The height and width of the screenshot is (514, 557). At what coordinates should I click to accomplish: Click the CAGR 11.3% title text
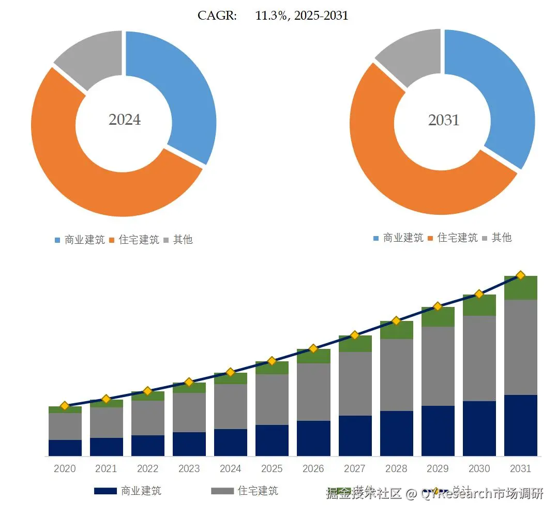point(273,16)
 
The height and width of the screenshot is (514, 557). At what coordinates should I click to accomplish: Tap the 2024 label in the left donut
point(125,120)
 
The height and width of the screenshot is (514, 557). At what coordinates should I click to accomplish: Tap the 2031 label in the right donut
point(443,120)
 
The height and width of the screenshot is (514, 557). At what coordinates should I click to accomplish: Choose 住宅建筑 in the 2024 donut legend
point(139,240)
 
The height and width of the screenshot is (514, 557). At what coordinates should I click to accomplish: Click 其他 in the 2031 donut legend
point(501,238)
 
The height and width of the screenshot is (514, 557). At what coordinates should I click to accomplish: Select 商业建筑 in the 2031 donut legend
point(403,238)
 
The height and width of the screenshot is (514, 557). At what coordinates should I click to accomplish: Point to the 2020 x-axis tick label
point(65,468)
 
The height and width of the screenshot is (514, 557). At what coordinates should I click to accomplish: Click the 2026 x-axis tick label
point(313,468)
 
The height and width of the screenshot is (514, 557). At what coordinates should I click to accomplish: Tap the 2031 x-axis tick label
point(520,468)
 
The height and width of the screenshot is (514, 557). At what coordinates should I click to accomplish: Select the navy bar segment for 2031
point(520,425)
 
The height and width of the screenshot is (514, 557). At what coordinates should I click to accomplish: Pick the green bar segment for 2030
point(479,305)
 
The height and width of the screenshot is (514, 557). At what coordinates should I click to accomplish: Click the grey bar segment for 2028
point(396,375)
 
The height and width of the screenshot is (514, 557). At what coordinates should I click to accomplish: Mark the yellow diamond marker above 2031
point(520,275)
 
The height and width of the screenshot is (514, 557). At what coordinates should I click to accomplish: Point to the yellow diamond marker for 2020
point(65,406)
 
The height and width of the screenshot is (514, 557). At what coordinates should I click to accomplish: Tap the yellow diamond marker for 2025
point(272,361)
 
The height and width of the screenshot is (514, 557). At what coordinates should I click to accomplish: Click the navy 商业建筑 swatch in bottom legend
point(105,491)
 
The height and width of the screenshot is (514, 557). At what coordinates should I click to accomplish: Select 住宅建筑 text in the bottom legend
point(258,491)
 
